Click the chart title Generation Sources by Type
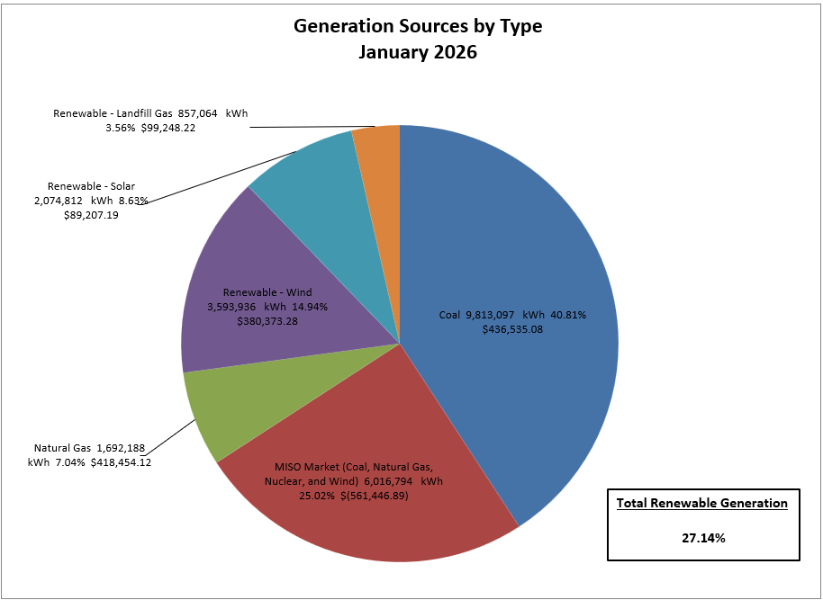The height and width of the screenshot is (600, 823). click(418, 26)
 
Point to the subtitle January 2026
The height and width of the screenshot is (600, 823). click(418, 52)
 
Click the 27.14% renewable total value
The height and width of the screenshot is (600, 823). click(703, 537)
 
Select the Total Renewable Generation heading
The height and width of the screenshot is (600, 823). click(702, 503)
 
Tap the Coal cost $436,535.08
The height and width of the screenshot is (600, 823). click(512, 329)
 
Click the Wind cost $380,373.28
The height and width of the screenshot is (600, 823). click(267, 320)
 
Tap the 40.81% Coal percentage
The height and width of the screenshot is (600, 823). click(569, 315)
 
